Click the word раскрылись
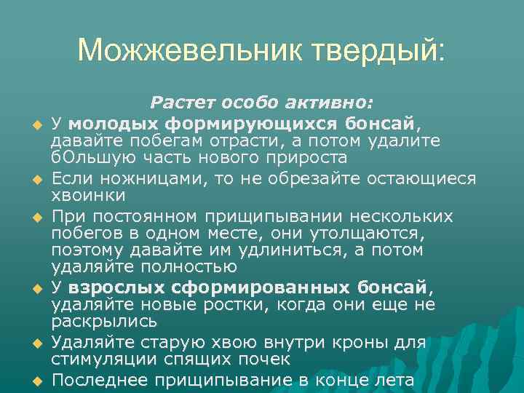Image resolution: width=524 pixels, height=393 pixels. pos(104,321)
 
